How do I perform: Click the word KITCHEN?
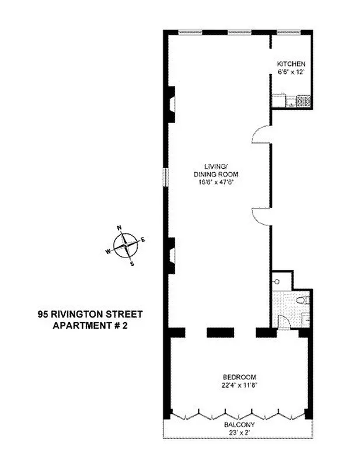[x=291, y=64]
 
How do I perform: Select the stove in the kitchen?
[x=304, y=101]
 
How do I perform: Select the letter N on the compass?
[x=120, y=228]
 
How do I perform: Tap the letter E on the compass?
[x=143, y=239]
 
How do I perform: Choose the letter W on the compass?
[x=107, y=252]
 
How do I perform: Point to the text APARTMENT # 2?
[x=90, y=325]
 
